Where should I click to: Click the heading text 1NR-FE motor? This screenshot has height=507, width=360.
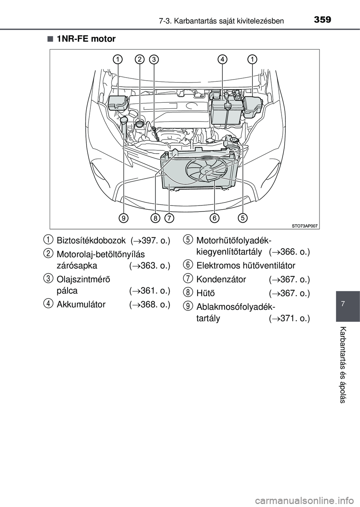86,39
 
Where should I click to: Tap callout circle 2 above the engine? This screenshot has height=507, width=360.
139,59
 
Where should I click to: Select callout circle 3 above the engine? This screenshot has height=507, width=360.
154,59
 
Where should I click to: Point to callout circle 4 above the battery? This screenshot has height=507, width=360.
222,59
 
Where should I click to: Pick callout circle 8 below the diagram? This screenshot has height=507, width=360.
155,217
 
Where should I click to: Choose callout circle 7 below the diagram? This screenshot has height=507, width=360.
169,217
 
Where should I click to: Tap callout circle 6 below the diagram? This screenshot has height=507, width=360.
214,217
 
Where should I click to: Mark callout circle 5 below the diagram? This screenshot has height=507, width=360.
243,217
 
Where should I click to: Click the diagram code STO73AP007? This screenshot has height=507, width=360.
305,226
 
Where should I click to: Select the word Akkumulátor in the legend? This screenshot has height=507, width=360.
81,304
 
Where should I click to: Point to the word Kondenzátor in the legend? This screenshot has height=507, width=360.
221,279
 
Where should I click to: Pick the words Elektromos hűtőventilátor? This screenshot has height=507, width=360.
246,265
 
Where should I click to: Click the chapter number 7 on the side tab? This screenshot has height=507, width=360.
348,302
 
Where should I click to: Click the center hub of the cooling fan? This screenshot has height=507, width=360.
205,171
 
